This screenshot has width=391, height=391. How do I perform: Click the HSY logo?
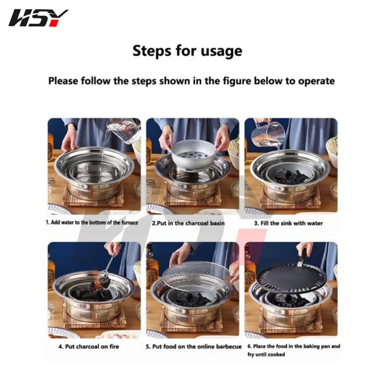[x=38, y=18]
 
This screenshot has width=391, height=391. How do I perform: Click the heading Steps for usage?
[x=187, y=51]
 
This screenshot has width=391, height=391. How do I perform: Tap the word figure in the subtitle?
[x=237, y=81]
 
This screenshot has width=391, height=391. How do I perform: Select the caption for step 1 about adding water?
[x=92, y=223]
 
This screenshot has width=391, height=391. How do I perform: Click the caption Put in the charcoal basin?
[x=189, y=223]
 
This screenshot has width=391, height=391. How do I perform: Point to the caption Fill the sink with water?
[x=288, y=223]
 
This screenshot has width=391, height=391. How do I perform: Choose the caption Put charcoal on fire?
[x=89, y=346]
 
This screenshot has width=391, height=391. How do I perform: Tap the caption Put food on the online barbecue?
[x=194, y=346]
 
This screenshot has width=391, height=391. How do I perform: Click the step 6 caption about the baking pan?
[x=294, y=350]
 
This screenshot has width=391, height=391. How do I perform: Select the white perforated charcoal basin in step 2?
[x=193, y=155]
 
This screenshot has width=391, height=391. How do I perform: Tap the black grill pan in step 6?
[x=291, y=278]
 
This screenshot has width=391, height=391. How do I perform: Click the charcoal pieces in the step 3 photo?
[x=291, y=175]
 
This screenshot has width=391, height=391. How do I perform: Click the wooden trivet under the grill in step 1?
[x=93, y=195]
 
